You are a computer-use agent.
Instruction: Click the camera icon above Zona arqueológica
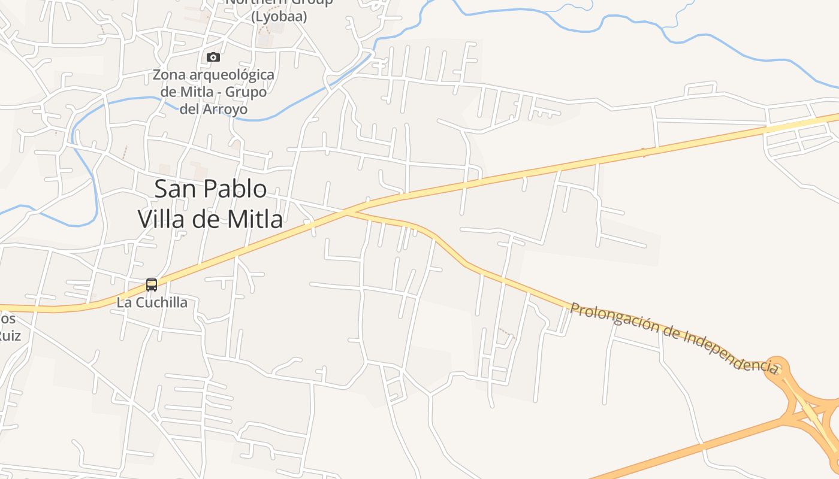(x=213, y=57)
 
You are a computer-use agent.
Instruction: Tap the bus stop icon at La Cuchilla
(x=152, y=285)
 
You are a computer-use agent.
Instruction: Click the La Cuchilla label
(x=152, y=302)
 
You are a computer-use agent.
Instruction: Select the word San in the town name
(x=174, y=189)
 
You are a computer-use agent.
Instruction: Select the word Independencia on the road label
(x=728, y=348)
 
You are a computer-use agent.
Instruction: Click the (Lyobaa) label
(x=279, y=17)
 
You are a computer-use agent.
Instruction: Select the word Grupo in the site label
(x=246, y=92)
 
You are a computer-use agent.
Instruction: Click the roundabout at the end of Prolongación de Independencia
(x=777, y=366)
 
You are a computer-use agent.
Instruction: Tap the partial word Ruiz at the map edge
(x=10, y=335)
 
